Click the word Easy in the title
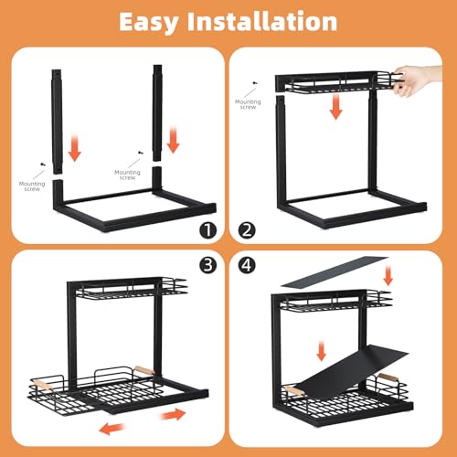[148, 23]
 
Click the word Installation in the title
[262, 21]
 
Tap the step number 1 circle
[208, 230]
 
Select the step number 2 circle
[247, 230]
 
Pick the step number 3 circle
[208, 265]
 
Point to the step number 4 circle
[247, 265]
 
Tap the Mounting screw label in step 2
[248, 104]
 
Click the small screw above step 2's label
[255, 82]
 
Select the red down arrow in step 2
[335, 106]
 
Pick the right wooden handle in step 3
[144, 370]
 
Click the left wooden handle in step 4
[293, 390]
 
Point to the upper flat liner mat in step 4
[335, 271]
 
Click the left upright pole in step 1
[57, 122]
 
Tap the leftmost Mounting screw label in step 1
[32, 186]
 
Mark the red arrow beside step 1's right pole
[173, 140]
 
